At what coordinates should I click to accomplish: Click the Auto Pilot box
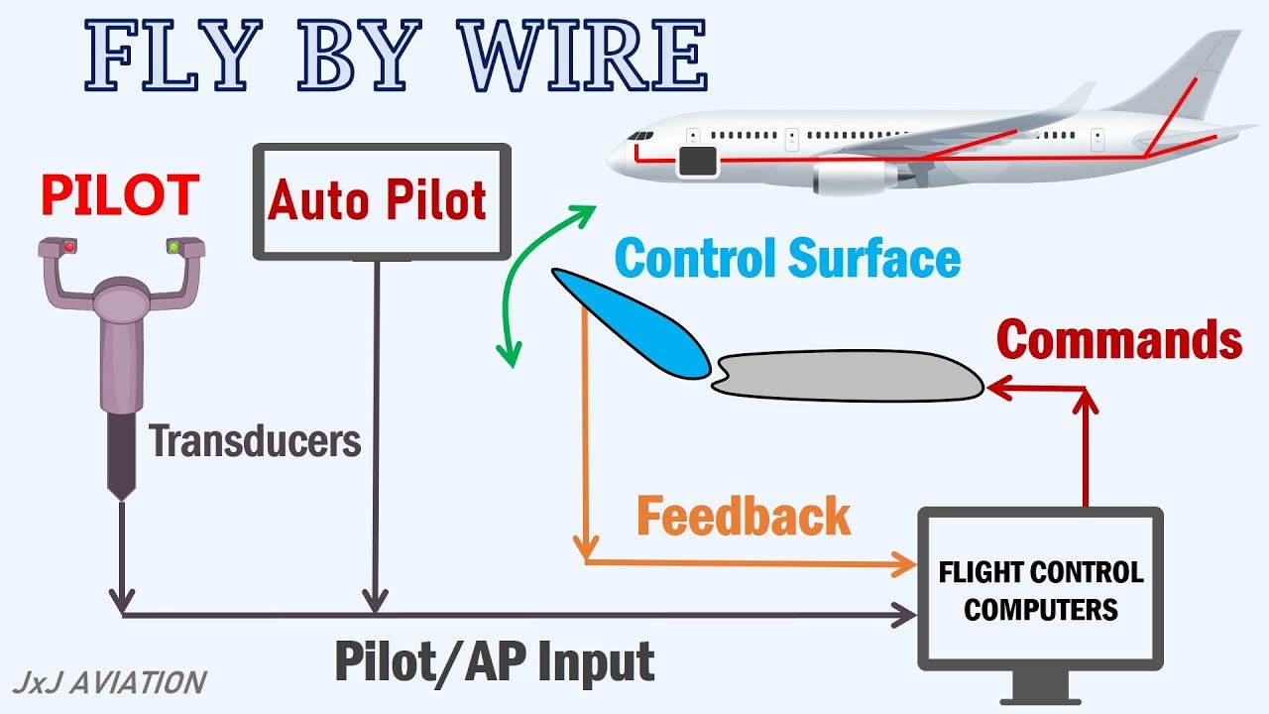click(382, 201)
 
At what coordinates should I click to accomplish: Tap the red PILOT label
click(119, 194)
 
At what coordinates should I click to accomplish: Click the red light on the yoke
click(69, 246)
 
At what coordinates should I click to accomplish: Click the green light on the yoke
click(173, 246)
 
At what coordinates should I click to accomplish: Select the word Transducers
click(255, 440)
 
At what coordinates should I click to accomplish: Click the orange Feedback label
click(744, 517)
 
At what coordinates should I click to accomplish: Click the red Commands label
click(1118, 340)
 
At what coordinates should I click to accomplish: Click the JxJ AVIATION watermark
click(109, 682)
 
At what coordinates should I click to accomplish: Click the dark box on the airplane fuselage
click(697, 161)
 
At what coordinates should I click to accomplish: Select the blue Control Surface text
click(787, 259)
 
